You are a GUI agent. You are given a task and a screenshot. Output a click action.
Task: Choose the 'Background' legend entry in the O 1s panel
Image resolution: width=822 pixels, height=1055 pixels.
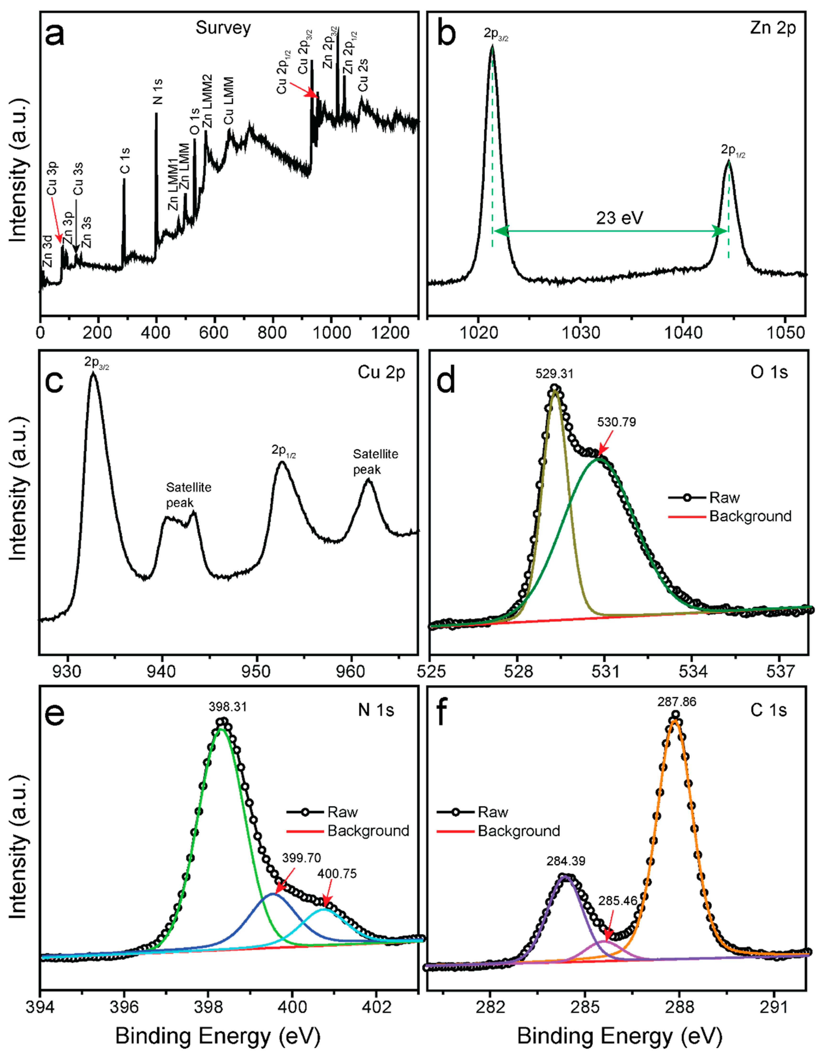pos(750,516)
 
